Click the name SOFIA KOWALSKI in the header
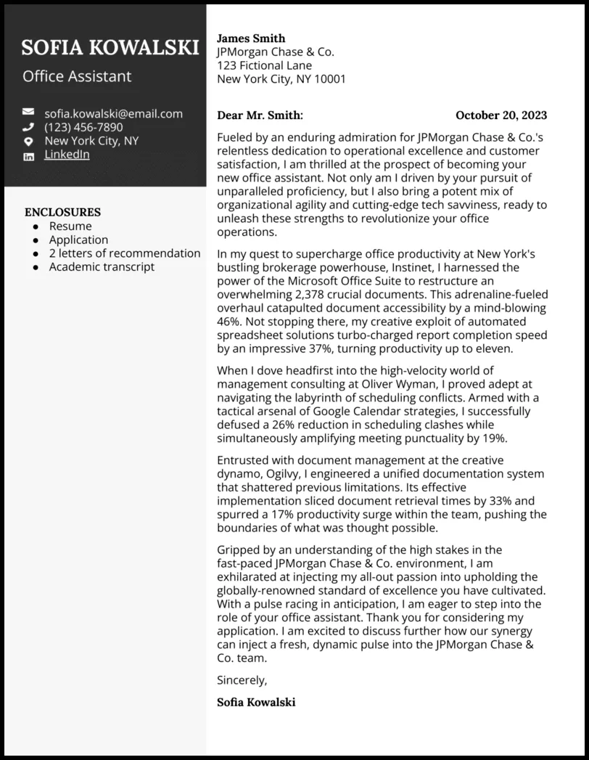coord(110,48)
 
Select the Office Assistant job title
coord(77,76)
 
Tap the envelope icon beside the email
coord(28,113)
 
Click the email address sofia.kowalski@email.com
coord(113,113)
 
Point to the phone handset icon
coord(28,127)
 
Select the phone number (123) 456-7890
coord(83,127)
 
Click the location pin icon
coord(28,141)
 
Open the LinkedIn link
coord(67,155)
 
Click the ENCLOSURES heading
coord(62,212)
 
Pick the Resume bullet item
coord(70,226)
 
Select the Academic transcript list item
coord(102,266)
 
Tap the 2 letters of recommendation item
coord(125,253)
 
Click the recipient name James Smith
coord(251,38)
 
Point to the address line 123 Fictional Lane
coord(264,65)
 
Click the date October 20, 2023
coord(501,115)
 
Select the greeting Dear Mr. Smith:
coord(260,115)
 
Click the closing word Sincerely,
coord(242,680)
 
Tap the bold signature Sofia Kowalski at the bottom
coord(256,702)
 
